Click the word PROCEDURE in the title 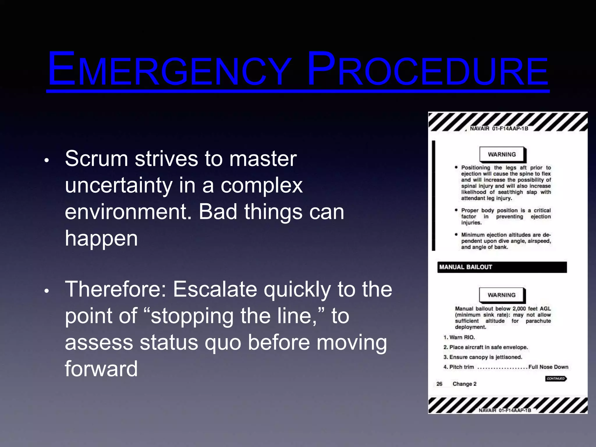(428, 70)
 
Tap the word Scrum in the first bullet (96, 159)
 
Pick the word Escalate (215, 290)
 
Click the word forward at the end (101, 369)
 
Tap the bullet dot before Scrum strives (47, 161)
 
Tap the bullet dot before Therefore (47, 291)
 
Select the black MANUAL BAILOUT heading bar (502, 267)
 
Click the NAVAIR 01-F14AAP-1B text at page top (499, 129)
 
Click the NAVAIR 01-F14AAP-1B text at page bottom (505, 410)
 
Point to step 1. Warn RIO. (459, 338)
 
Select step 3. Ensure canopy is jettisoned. (483, 357)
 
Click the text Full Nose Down (548, 367)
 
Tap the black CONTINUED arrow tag (556, 379)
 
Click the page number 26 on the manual (439, 384)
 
